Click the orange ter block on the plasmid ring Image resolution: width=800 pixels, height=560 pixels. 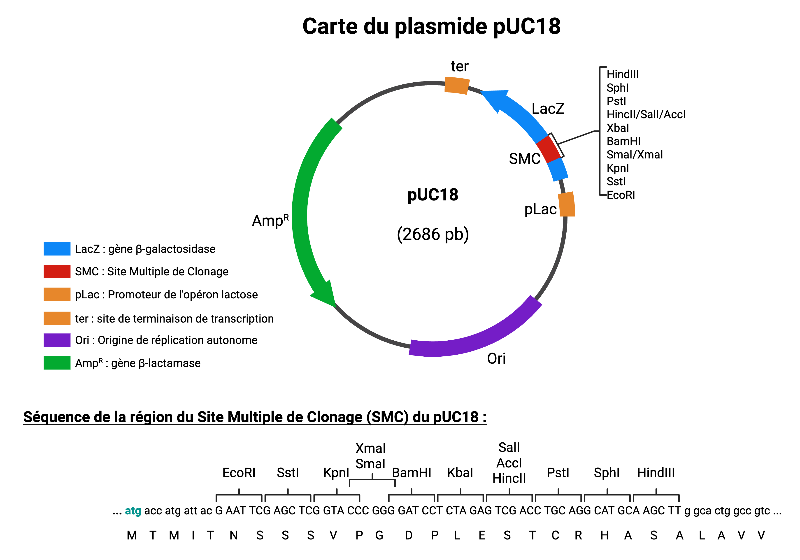pyautogui.click(x=457, y=85)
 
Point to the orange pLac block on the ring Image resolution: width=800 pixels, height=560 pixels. pyautogui.click(x=567, y=204)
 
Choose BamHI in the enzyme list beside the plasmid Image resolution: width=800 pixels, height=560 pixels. pyautogui.click(x=623, y=141)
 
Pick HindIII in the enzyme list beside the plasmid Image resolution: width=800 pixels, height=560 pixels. pyautogui.click(x=623, y=74)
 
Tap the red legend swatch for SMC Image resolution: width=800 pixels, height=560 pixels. pyautogui.click(x=57, y=272)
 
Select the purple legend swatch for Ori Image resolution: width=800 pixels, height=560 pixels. pyautogui.click(x=57, y=340)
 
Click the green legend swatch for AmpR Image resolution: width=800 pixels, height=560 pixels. pyautogui.click(x=57, y=363)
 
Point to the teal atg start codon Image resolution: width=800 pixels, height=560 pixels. pyautogui.click(x=133, y=511)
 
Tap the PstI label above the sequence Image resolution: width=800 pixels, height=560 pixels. pyautogui.click(x=558, y=473)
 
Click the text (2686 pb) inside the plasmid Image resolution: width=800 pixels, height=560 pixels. pyautogui.click(x=433, y=234)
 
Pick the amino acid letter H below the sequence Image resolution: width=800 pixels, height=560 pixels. pyautogui.click(x=605, y=535)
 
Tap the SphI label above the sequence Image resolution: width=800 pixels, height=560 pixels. pyautogui.click(x=607, y=473)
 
